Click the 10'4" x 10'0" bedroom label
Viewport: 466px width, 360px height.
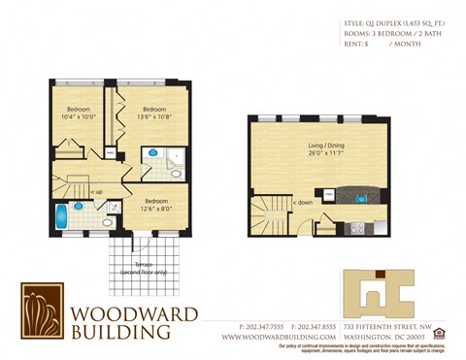pyautogui.click(x=79, y=114)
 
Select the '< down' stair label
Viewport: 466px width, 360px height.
pyautogui.click(x=302, y=203)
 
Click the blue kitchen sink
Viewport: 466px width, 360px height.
pyautogui.click(x=362, y=200)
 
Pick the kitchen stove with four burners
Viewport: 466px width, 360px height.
pyautogui.click(x=355, y=229)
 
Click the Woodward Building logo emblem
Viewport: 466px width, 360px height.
pyautogui.click(x=42, y=311)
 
